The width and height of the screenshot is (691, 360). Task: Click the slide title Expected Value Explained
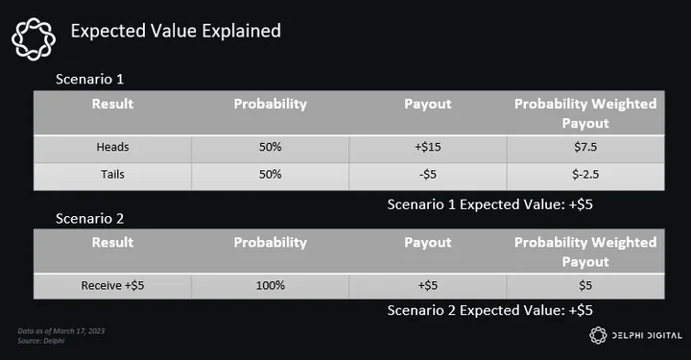coord(176,31)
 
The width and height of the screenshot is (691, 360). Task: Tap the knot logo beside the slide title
coord(34,38)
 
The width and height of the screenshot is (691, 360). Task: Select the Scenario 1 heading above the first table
coord(89,80)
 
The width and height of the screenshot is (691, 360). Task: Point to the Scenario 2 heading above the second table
coord(89,219)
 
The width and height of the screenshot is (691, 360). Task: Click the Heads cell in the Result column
coord(113,147)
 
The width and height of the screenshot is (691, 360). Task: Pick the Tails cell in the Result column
coord(113,174)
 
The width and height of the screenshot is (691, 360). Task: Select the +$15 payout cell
coord(427,147)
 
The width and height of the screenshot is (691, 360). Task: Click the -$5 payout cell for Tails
coord(427,174)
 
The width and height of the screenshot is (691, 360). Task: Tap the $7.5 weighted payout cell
coord(585,147)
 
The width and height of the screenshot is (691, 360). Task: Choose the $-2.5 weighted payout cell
coord(585,174)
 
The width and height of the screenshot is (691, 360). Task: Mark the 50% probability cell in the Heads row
coord(270,147)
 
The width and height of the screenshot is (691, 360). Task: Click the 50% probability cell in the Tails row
coord(270,174)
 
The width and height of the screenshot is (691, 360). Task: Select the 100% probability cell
coord(270,285)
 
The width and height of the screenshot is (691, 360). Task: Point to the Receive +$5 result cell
coord(112,285)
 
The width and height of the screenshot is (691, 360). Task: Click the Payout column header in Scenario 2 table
coord(427,243)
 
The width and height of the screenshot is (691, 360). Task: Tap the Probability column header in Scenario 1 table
coord(270,104)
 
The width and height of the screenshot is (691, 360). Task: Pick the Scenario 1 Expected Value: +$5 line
coord(490,204)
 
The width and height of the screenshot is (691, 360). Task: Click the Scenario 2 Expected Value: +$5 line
coord(490,310)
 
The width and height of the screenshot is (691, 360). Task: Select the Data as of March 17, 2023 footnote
coord(61,331)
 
